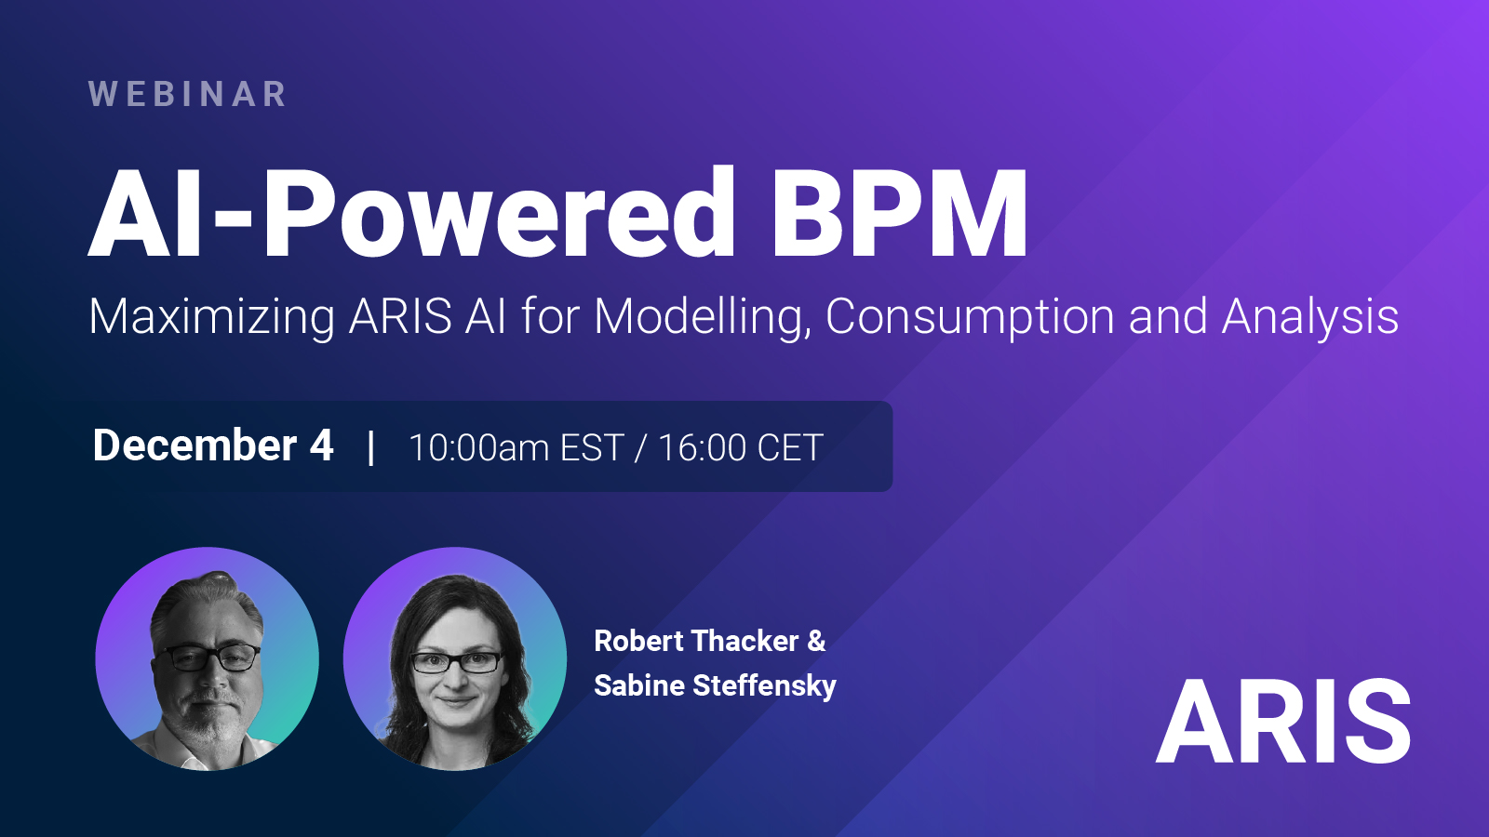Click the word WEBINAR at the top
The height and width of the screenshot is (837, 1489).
tap(187, 94)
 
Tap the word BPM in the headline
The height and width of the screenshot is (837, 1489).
tap(899, 213)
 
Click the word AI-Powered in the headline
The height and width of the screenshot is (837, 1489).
tap(411, 213)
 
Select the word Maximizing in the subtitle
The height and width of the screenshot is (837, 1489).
tap(211, 317)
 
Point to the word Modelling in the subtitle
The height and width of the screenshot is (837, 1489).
tap(703, 317)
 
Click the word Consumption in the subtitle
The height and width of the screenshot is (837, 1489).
tap(970, 317)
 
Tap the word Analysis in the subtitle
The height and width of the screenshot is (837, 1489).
tap(1310, 317)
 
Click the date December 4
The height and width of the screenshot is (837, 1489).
tap(213, 445)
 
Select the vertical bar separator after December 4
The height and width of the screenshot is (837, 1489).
tap(371, 446)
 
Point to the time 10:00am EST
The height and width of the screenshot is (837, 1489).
tap(516, 447)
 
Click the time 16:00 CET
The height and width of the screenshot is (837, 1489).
tap(741, 447)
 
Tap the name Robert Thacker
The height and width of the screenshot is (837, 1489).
tap(696, 641)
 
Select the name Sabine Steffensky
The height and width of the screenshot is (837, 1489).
tap(716, 685)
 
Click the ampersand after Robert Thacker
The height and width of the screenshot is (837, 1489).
tap(816, 641)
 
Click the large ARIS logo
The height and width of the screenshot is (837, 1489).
tap(1283, 722)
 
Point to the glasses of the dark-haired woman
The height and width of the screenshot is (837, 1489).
tap(456, 662)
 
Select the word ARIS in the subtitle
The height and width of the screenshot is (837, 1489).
tap(400, 316)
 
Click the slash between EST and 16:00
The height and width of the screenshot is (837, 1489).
tap(640, 447)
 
